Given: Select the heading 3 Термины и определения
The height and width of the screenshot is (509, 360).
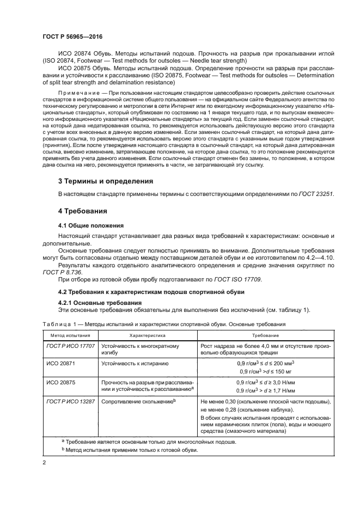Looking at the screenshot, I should click(x=105, y=180).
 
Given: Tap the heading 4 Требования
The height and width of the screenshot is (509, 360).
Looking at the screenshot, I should click(x=83, y=210).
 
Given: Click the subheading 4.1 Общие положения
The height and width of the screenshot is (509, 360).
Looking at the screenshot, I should click(x=91, y=225).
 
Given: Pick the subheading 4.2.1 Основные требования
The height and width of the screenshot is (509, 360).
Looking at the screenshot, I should click(x=96, y=303).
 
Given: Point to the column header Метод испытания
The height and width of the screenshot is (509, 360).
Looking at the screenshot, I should click(x=67, y=336).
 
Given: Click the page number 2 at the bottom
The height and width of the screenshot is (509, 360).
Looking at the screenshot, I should click(x=44, y=462).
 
